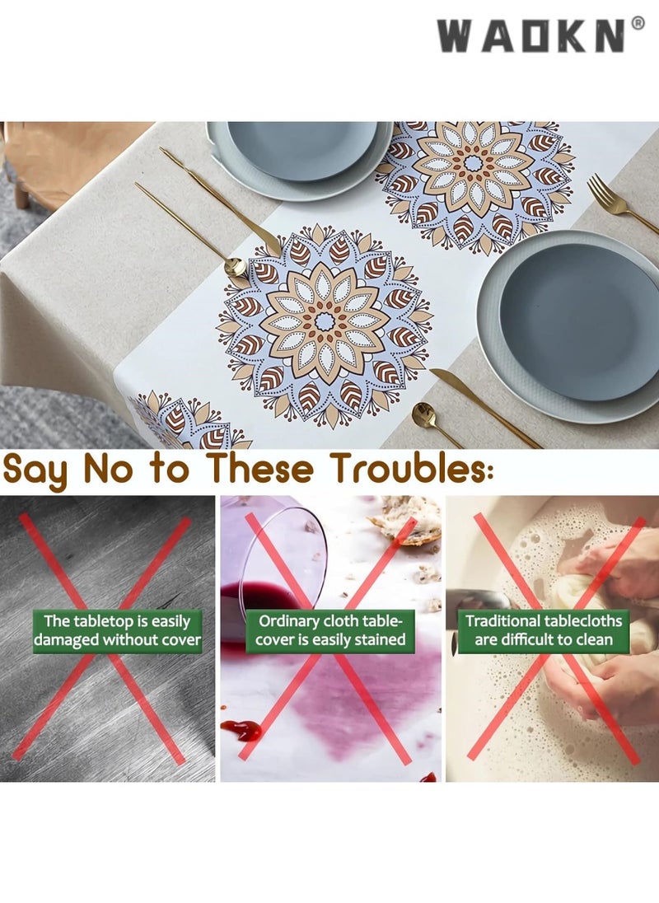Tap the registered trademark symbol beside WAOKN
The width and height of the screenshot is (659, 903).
pos(638,23)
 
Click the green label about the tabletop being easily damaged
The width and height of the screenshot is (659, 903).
pos(117,630)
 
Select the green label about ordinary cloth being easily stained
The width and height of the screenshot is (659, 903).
pos(331,630)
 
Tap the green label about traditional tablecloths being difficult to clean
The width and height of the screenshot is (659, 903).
pos(544,630)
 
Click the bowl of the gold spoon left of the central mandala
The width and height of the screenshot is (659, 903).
pos(236,266)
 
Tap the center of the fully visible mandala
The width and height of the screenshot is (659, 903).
pos(325,321)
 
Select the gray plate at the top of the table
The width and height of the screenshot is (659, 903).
pos(301,152)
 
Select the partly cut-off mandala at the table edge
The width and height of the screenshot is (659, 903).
pos(185,424)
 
